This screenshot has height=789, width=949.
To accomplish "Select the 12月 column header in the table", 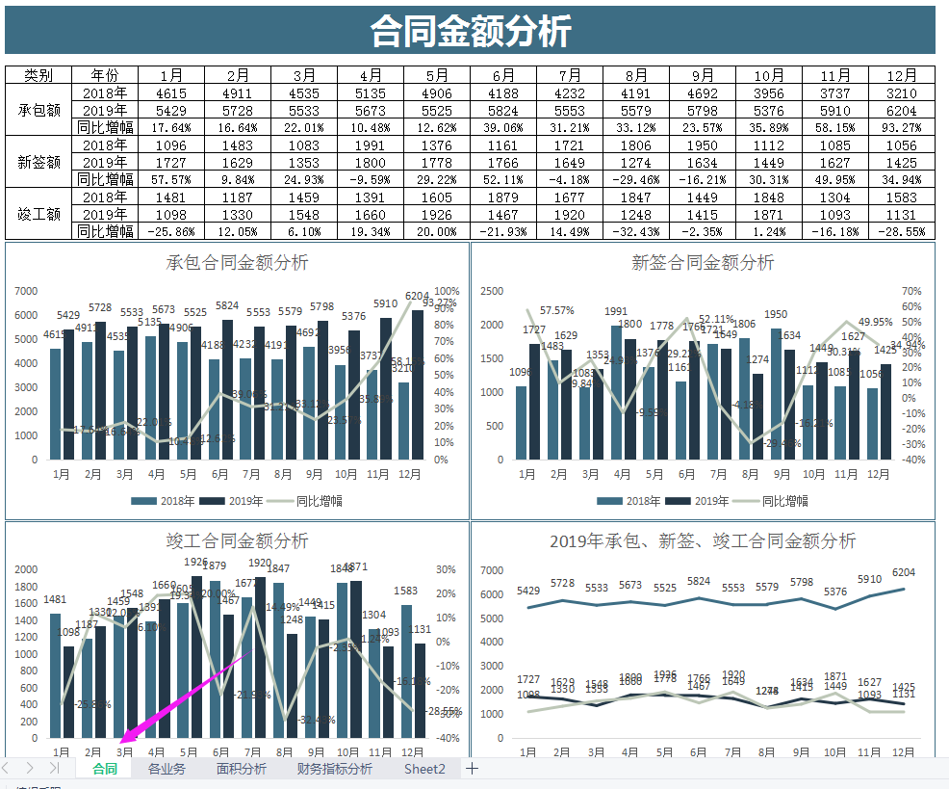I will point(902,75).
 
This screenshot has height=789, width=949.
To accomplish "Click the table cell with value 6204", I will point(902,110).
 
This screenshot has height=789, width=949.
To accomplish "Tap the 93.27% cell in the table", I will point(902,127).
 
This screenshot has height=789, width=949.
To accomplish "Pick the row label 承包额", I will point(39,110).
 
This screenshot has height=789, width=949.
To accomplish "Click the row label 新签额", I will point(39,162).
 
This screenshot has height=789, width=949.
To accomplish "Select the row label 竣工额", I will point(39,214).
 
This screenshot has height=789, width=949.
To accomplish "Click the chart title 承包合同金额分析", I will point(237,262).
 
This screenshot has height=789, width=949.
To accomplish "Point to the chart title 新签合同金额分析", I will point(703,262).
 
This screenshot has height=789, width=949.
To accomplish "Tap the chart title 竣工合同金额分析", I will point(237,540).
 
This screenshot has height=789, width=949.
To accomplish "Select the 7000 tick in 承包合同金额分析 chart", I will point(26,291).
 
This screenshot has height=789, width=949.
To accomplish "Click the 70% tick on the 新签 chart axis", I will point(912,291).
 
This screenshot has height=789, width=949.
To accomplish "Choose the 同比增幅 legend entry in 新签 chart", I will point(771,501).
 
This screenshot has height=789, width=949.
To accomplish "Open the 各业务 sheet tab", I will point(167,769).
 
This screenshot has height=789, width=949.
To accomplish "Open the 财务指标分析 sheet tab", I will point(334,769).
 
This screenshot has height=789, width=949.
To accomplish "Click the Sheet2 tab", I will point(424,769).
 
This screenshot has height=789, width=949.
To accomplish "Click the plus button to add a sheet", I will point(472,769).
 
